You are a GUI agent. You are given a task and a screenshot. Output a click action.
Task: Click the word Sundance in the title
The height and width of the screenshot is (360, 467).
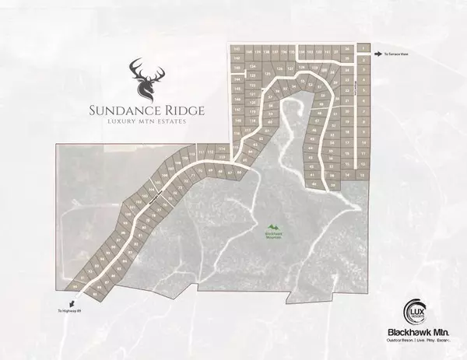click(x=127, y=110)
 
